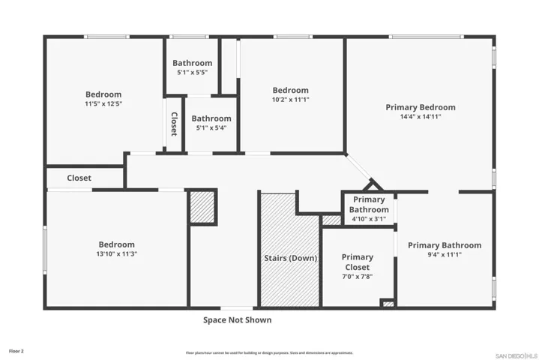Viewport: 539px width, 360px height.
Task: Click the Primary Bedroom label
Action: tap(420, 107)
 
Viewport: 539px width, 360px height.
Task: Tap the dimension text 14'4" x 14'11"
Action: tap(420, 117)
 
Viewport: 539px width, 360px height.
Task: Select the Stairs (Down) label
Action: tap(290, 258)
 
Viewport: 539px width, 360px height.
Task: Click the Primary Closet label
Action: tap(357, 262)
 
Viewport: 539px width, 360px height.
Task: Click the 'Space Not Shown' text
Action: tap(237, 320)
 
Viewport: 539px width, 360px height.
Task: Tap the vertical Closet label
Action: tap(174, 124)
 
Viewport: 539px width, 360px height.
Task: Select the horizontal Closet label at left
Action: tap(79, 178)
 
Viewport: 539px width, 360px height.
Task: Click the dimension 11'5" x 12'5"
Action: tap(103, 104)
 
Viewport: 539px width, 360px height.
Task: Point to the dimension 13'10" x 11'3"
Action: tap(117, 254)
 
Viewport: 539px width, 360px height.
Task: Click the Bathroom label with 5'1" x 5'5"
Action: tap(193, 63)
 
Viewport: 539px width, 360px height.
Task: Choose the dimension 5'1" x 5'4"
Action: tap(211, 127)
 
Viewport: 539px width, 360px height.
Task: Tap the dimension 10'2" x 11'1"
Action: tap(290, 100)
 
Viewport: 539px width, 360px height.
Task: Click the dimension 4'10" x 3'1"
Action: tap(368, 219)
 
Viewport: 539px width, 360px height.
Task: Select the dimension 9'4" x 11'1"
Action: tap(445, 255)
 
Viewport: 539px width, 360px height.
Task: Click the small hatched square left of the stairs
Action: tap(202, 206)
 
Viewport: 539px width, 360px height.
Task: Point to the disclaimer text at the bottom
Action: tap(269, 352)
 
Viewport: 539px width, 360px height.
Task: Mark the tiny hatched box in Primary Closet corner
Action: tap(388, 303)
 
